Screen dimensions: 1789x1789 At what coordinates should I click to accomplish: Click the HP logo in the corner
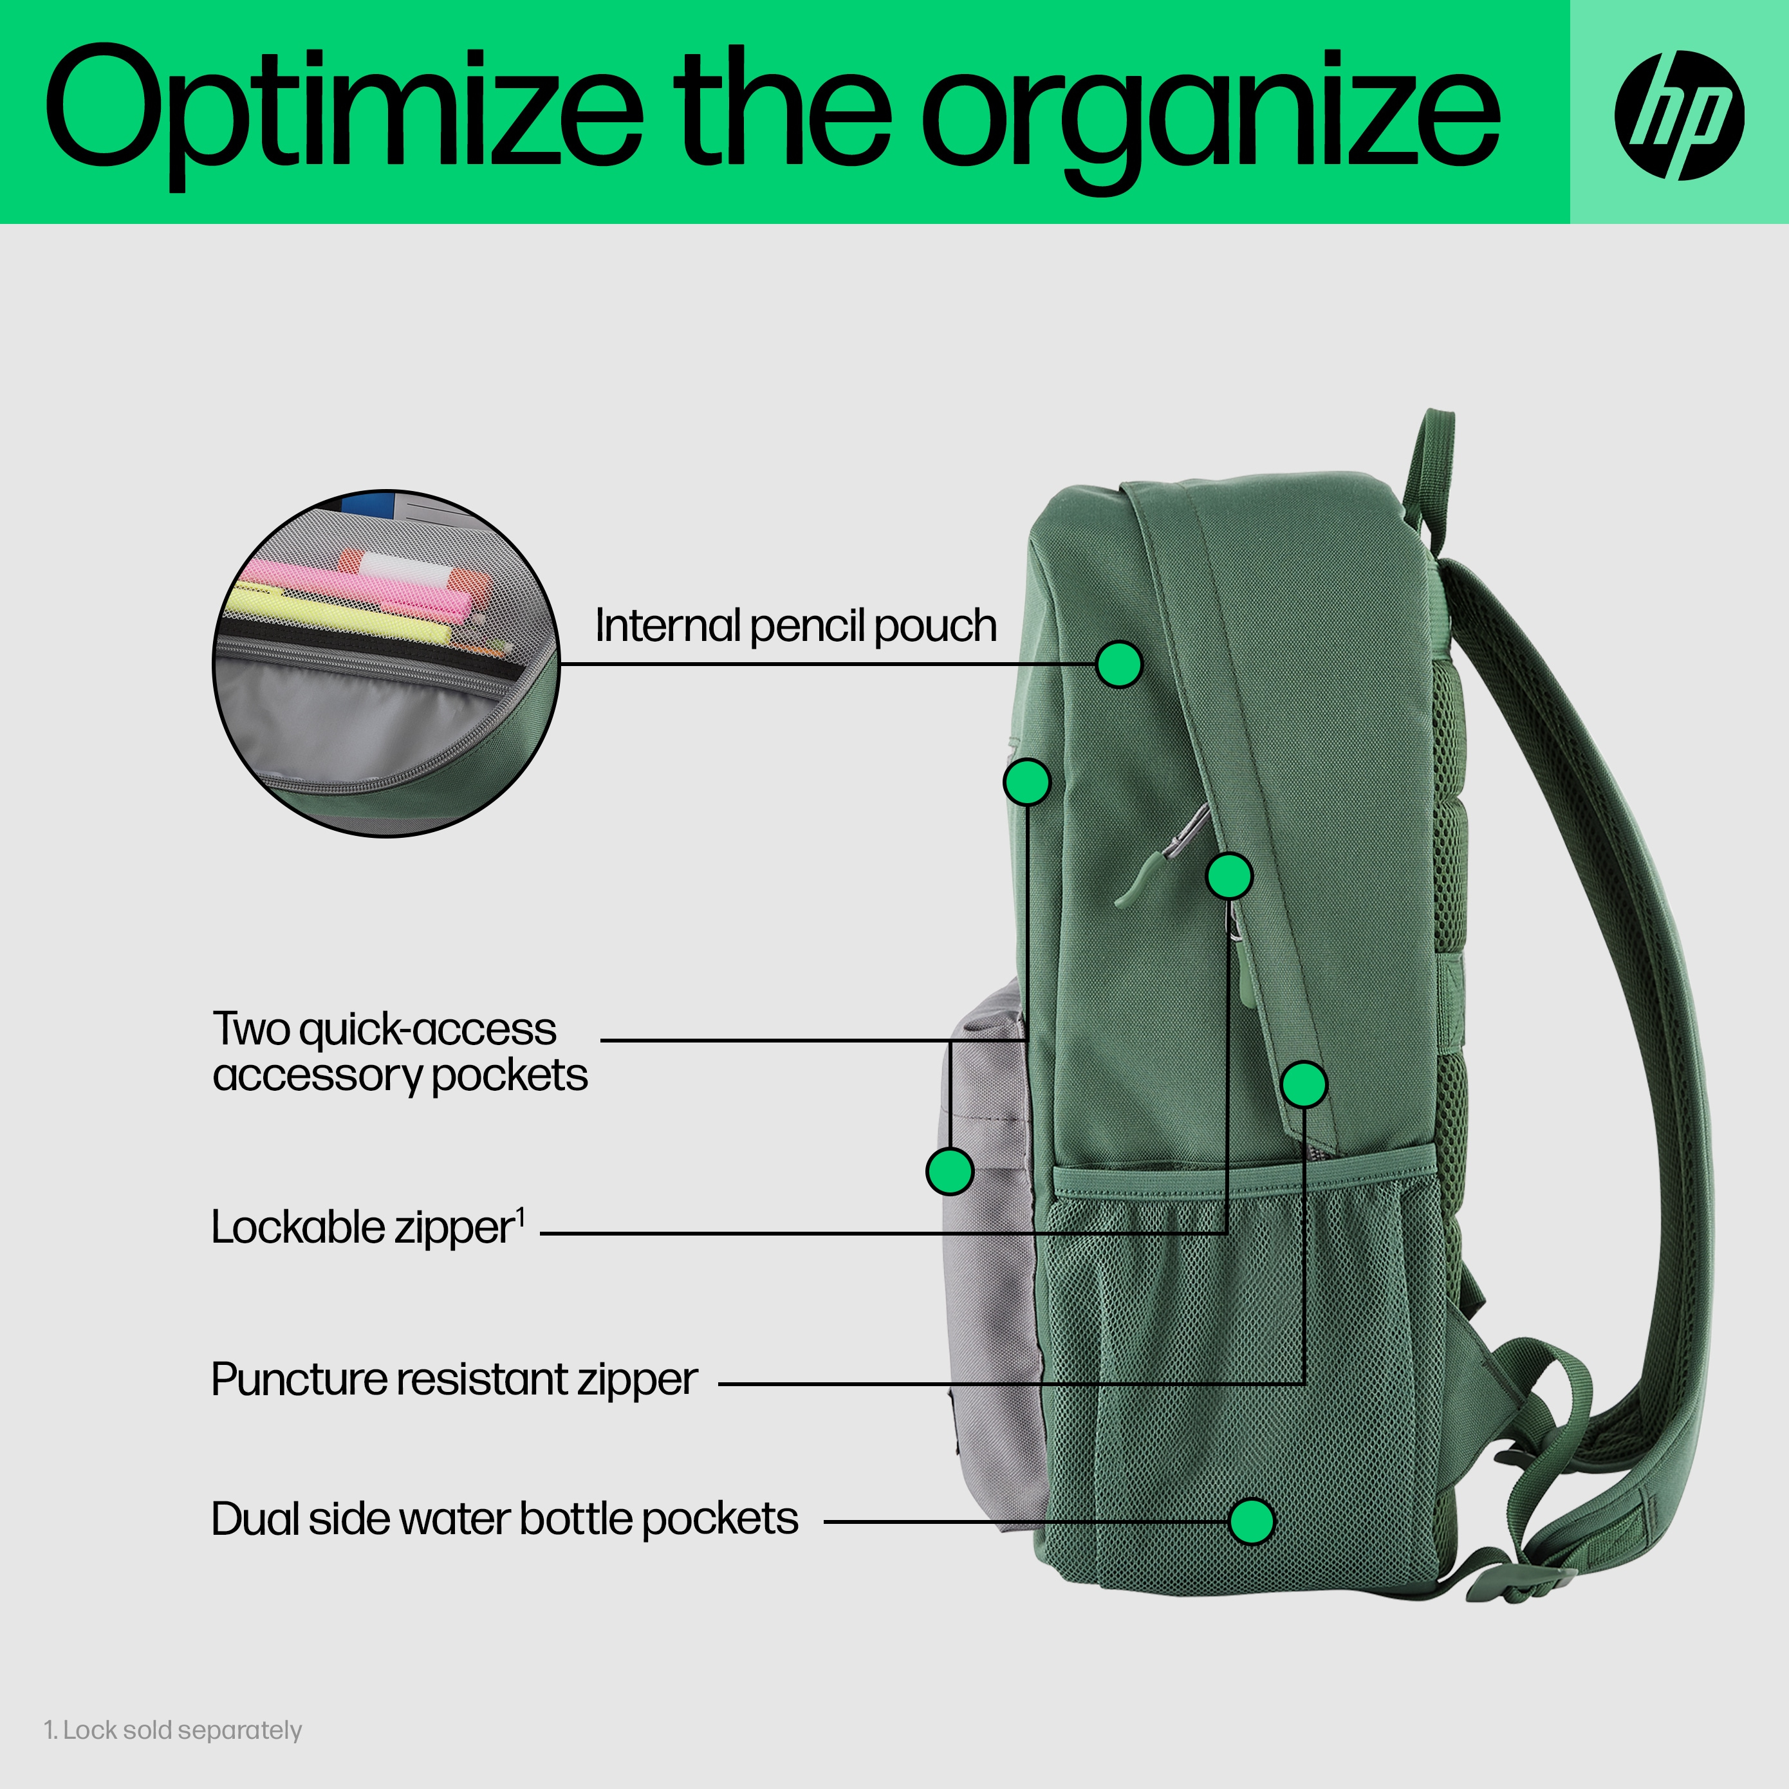1679,115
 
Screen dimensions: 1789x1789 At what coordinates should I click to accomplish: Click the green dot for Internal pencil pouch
1118,664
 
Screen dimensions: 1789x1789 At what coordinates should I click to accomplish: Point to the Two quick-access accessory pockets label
400,1051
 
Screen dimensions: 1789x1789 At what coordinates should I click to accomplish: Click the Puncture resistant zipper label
454,1380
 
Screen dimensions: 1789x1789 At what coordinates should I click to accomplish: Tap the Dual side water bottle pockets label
505,1519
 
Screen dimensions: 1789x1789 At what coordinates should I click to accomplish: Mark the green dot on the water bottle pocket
1251,1521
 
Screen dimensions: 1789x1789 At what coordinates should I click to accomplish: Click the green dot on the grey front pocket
949,1171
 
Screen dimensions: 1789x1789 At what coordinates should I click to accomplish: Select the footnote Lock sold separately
173,1730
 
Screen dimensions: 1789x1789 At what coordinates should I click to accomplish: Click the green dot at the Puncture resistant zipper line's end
1304,1084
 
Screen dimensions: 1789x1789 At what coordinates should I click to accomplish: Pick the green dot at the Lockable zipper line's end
1230,875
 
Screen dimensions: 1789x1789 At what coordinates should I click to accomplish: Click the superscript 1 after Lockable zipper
521,1216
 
